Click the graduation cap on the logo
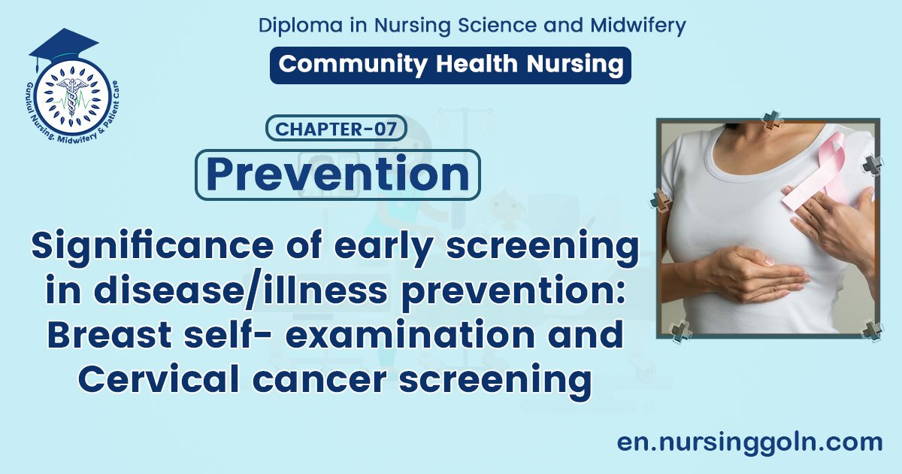pyautogui.click(x=63, y=45)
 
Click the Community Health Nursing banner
pyautogui.click(x=450, y=65)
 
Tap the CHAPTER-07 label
pyautogui.click(x=336, y=129)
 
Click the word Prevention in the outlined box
pyautogui.click(x=337, y=175)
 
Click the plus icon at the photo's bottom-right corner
pyautogui.click(x=872, y=330)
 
